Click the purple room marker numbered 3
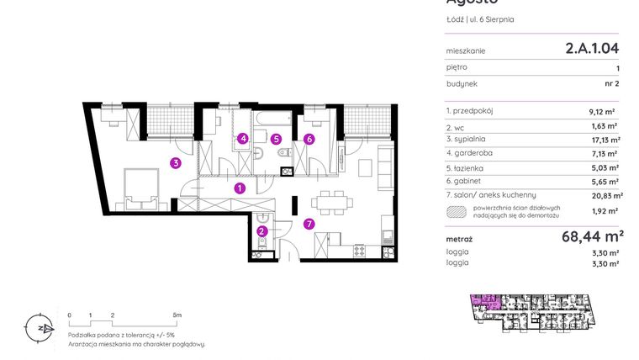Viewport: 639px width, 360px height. pos(175,163)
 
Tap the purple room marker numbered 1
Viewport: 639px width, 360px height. pos(240,188)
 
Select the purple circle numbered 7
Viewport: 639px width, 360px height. pos(309,223)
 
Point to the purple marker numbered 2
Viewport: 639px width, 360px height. pos(262,231)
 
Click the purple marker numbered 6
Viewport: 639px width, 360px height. pos(309,139)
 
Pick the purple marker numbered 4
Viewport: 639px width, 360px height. pos(243,139)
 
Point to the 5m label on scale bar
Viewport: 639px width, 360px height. pos(176,314)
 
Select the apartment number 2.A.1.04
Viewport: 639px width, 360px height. pos(592,50)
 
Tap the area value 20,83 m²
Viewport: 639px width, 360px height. pos(605,195)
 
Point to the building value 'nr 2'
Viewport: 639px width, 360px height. pos(610,84)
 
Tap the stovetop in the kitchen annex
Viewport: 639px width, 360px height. pos(359,250)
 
